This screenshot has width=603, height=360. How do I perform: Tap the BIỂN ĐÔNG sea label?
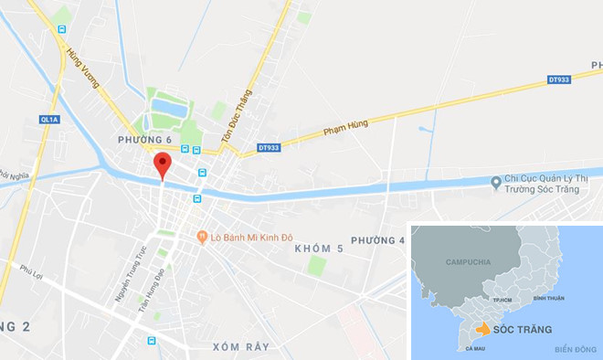pos(574,348)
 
